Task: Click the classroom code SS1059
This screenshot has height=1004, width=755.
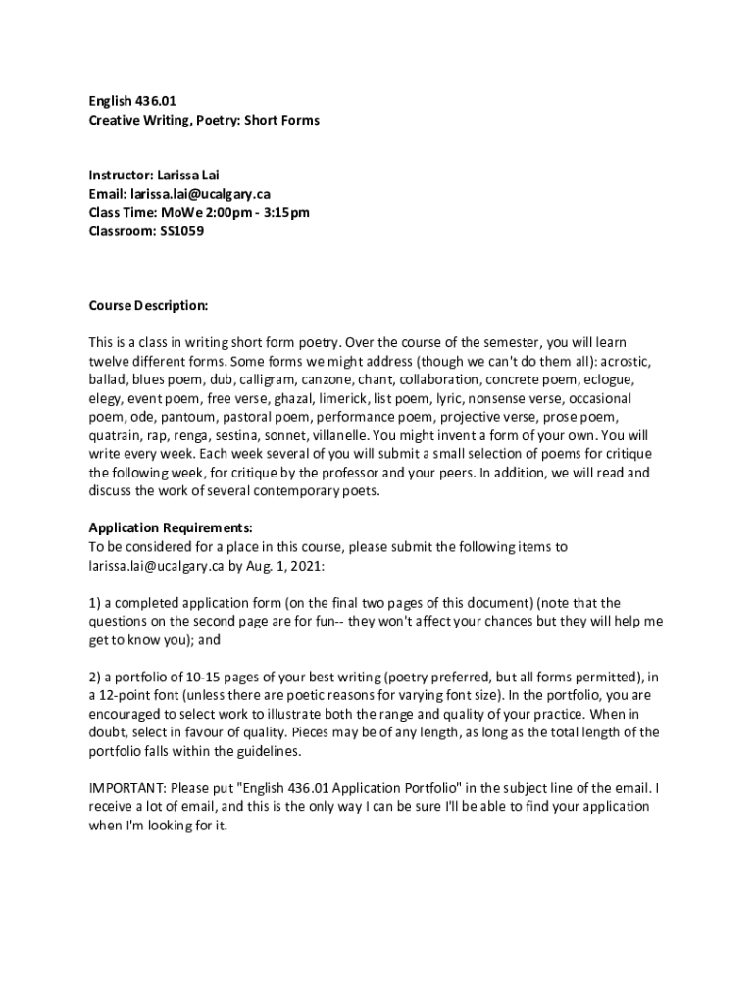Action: pos(182,232)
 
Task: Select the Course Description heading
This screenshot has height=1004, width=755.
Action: pos(148,306)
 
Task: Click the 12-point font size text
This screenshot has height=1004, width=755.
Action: pos(131,694)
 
